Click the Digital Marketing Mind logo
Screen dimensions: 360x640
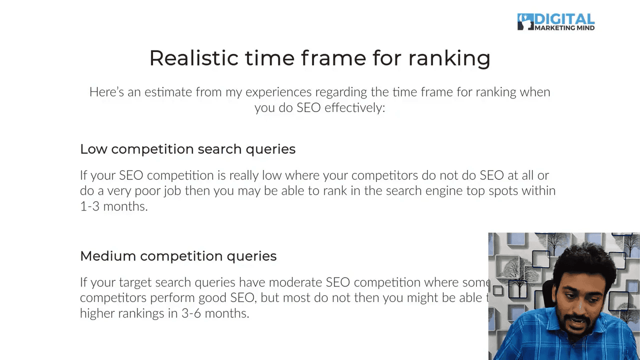[x=556, y=22]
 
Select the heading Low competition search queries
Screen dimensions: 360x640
[x=187, y=149]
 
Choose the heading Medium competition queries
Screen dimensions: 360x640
[x=178, y=256]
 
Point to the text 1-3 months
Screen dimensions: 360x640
[x=113, y=206]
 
